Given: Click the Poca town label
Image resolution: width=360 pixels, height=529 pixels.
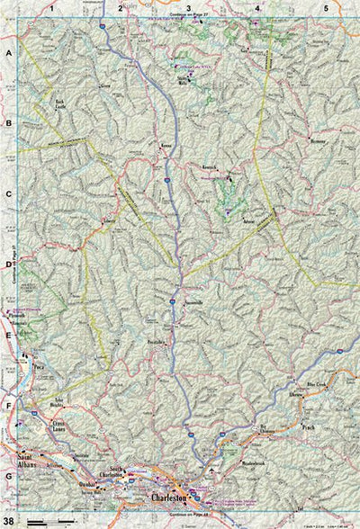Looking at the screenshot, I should (x=39, y=367).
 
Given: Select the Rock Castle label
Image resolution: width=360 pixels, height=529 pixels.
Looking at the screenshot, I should (x=60, y=104).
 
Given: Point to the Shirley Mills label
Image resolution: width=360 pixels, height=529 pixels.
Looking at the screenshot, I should (x=187, y=80).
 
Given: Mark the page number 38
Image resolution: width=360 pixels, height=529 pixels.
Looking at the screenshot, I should (x=8, y=521).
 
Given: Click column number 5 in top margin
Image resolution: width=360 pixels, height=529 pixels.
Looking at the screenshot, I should (x=325, y=7).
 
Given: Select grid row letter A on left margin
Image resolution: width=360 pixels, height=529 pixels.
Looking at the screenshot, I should (x=8, y=53).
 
